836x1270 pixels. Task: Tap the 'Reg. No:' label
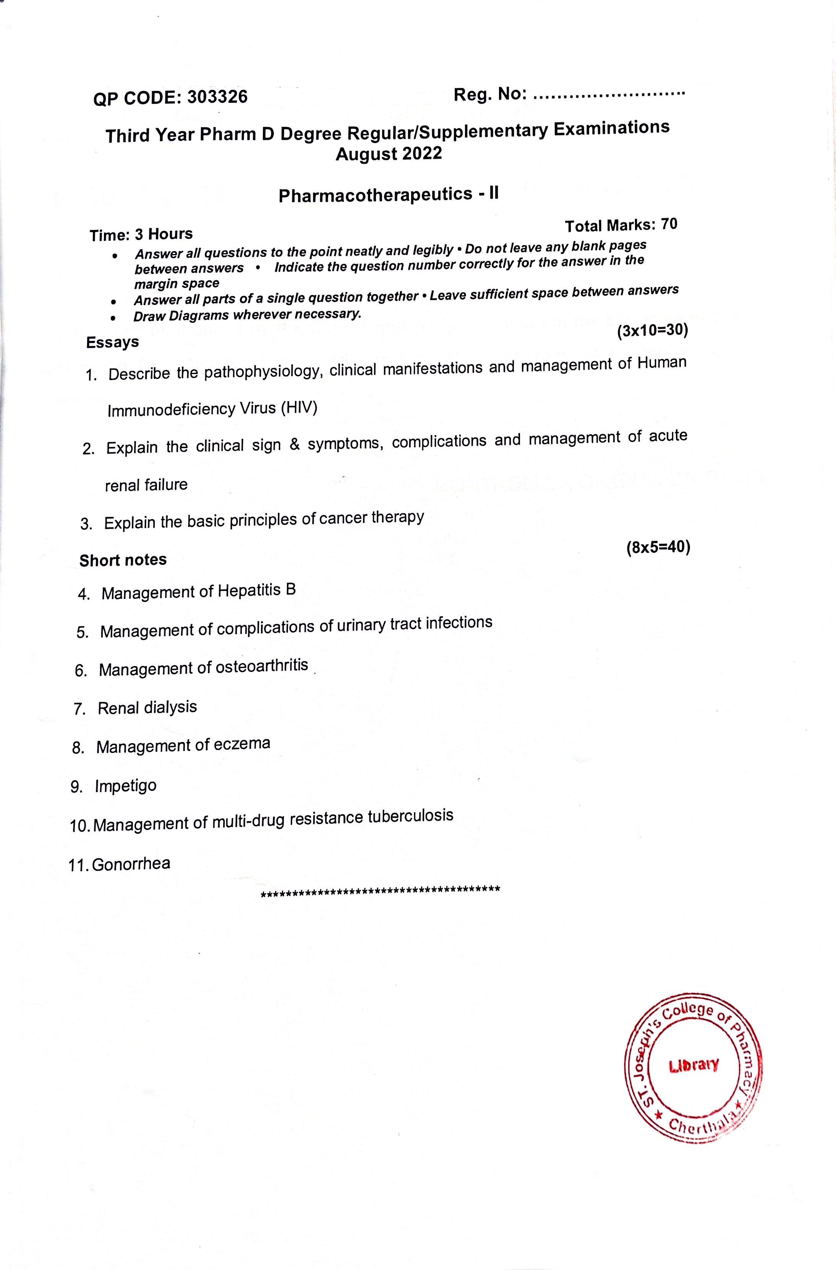pyautogui.click(x=490, y=95)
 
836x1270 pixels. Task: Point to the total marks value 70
pyautogui.click(x=669, y=224)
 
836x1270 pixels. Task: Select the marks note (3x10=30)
pyautogui.click(x=652, y=331)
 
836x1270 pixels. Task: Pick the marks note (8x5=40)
pyautogui.click(x=658, y=548)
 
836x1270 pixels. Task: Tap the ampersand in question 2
pyautogui.click(x=294, y=444)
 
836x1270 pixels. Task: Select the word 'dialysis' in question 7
pyautogui.click(x=170, y=707)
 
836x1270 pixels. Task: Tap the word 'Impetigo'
pyautogui.click(x=126, y=786)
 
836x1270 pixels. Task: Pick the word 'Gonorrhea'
pyautogui.click(x=131, y=864)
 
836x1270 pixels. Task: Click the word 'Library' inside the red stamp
pyautogui.click(x=693, y=1066)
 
